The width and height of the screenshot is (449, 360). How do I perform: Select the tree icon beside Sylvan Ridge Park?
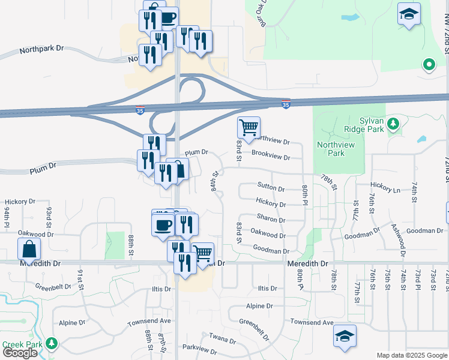click(x=393, y=124)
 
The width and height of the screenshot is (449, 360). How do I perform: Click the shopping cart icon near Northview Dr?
click(x=249, y=127)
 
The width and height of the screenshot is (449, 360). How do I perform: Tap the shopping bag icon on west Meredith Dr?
click(x=29, y=249)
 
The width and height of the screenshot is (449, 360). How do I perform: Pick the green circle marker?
click(x=429, y=64)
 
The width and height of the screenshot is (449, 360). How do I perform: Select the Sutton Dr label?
click(x=271, y=188)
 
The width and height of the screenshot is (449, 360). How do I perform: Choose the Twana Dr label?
click(x=223, y=339)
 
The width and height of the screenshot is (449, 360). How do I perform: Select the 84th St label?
click(x=215, y=181)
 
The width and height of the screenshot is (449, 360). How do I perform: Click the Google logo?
click(x=20, y=353)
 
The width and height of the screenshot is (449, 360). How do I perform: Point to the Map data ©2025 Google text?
click(x=411, y=355)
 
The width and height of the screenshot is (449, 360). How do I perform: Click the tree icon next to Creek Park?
click(x=52, y=344)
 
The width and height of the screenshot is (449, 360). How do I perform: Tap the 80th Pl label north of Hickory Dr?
click(x=305, y=196)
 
